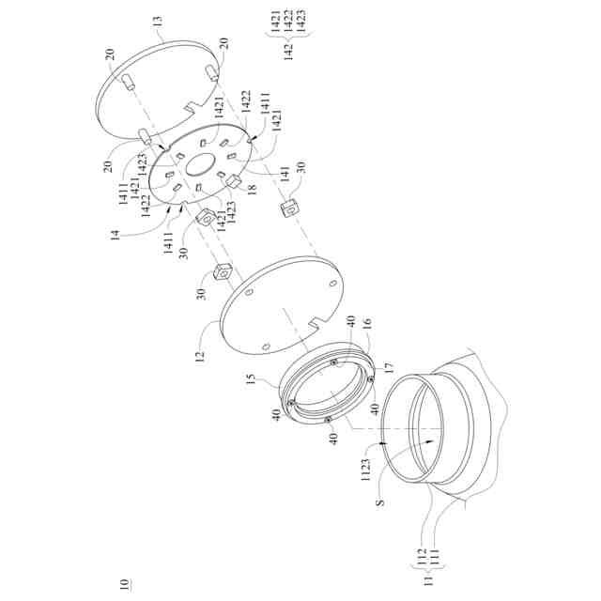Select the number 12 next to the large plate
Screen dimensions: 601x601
200,357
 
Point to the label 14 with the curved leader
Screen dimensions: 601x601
116,235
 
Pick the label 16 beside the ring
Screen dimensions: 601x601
367,324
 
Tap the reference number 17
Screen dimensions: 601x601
390,368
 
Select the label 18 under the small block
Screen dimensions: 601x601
252,190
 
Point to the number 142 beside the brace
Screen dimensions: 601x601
288,52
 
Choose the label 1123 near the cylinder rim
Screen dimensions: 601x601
365,470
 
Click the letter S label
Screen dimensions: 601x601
380,501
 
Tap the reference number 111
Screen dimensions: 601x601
434,557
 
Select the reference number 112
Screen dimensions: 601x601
422,557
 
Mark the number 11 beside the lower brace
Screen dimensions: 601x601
428,579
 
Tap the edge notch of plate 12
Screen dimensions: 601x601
317,323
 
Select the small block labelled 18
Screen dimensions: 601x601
234,180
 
